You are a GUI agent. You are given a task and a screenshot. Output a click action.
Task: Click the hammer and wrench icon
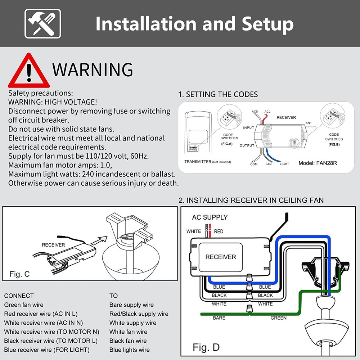click(42, 24)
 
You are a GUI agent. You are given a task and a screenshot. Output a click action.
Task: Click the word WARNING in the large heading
click(93, 69)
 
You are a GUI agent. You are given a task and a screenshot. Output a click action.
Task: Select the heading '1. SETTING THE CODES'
click(218, 95)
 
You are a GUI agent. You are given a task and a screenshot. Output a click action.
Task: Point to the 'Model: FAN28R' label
click(318, 163)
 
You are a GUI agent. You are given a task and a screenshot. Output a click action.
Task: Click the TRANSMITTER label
click(198, 162)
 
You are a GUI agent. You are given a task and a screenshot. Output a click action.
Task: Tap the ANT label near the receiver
click(309, 123)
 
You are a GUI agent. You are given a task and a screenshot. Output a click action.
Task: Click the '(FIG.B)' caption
click(334, 144)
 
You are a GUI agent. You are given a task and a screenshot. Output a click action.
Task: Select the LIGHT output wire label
click(284, 164)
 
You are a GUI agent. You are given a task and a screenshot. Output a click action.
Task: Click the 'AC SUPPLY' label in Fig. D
click(210, 217)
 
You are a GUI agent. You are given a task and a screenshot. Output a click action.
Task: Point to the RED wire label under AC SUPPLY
click(219, 231)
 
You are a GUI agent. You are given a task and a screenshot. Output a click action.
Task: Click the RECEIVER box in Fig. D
click(221, 257)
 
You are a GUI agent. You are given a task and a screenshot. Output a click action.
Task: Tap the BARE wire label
click(219, 318)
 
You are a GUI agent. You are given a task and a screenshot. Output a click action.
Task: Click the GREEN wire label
click(279, 318)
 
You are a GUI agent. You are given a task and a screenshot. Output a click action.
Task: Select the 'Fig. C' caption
click(20, 274)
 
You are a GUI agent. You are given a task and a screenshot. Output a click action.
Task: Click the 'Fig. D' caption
click(206, 347)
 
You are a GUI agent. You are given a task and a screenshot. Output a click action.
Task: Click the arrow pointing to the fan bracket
click(99, 240)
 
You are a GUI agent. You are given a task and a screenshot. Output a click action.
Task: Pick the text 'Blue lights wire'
click(130, 350)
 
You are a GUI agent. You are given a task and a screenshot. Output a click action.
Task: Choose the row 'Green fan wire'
click(24, 305)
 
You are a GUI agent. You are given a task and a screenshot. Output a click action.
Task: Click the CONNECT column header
click(19, 296)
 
